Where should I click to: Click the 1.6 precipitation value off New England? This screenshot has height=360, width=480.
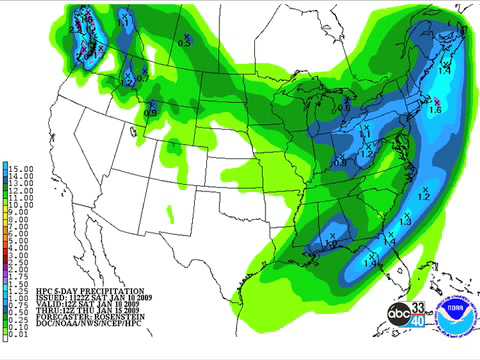[x=435, y=111]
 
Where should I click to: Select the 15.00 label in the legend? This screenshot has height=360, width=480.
[x=22, y=167]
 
